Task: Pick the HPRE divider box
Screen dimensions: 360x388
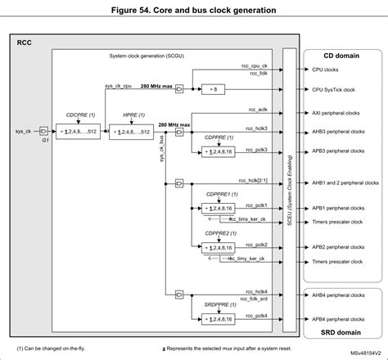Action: (x=131, y=130)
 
